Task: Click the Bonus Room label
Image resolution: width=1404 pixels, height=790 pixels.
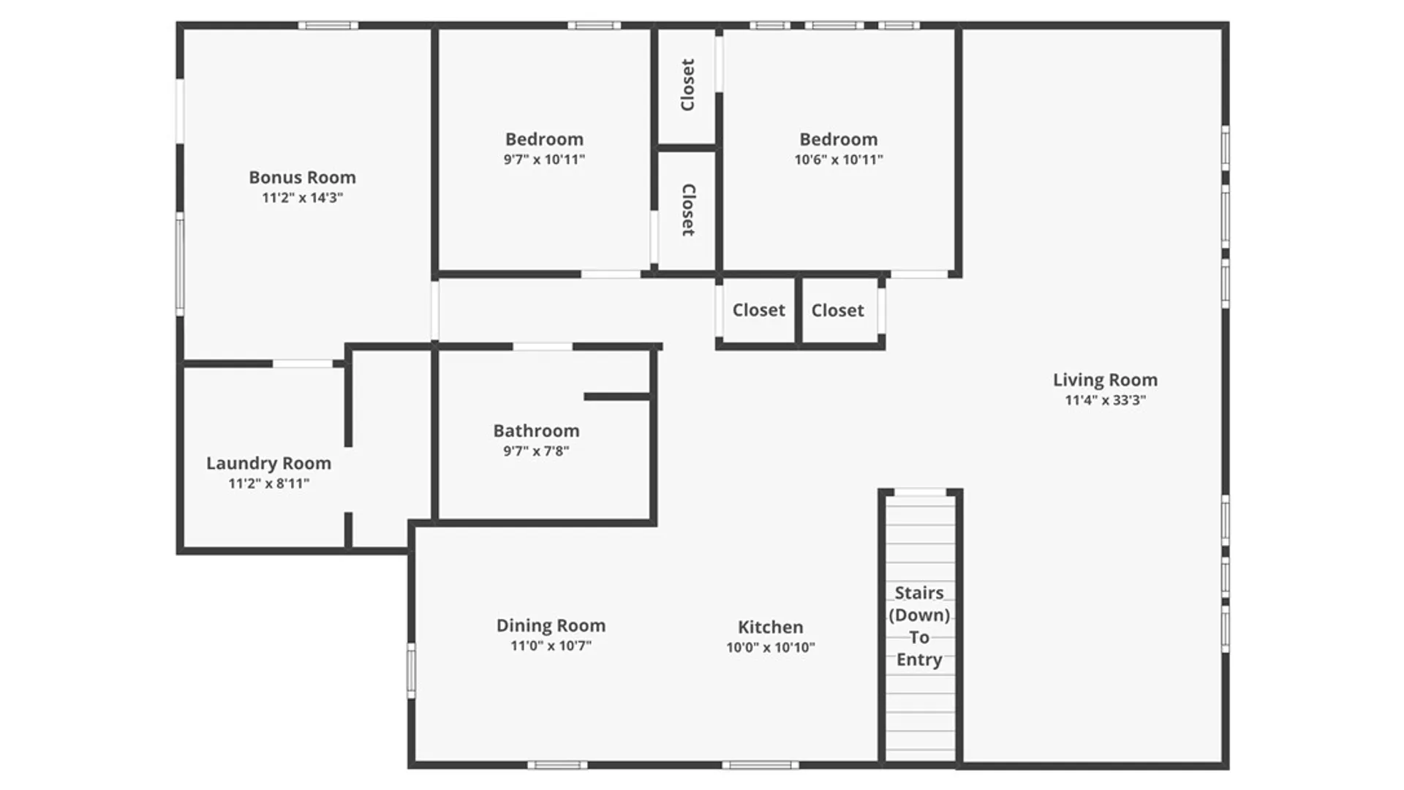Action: [302, 178]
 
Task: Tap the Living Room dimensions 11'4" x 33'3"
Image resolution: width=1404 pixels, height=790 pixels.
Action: [1105, 400]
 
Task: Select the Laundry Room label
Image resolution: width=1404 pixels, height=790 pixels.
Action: [268, 463]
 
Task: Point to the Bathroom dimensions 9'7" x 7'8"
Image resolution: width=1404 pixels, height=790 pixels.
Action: [536, 451]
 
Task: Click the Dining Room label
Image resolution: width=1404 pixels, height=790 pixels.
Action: [551, 625]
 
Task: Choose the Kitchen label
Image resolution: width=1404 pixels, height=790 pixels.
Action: [770, 627]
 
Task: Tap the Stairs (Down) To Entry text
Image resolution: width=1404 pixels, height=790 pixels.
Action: [919, 626]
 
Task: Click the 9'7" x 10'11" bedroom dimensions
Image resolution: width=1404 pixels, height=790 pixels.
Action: [544, 159]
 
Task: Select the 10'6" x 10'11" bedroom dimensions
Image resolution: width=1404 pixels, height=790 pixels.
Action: [839, 159]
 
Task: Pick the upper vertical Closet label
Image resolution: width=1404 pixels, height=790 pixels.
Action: [687, 85]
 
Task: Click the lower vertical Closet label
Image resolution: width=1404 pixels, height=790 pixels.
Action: [688, 210]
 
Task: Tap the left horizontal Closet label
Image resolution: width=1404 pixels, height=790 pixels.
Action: [758, 310]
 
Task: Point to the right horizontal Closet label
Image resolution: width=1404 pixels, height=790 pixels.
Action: [837, 310]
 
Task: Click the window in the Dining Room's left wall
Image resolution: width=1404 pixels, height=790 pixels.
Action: [412, 671]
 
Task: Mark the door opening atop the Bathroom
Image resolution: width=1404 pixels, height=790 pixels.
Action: [543, 347]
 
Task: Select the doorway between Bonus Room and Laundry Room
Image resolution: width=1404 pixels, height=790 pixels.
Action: [303, 364]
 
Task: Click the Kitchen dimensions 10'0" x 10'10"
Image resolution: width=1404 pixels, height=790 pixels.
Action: [770, 647]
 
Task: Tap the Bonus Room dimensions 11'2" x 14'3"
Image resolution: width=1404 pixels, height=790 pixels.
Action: [302, 197]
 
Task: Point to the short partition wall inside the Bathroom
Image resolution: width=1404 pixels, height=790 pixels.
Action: [617, 396]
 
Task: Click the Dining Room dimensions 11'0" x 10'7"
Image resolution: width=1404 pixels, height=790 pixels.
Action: [551, 646]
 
